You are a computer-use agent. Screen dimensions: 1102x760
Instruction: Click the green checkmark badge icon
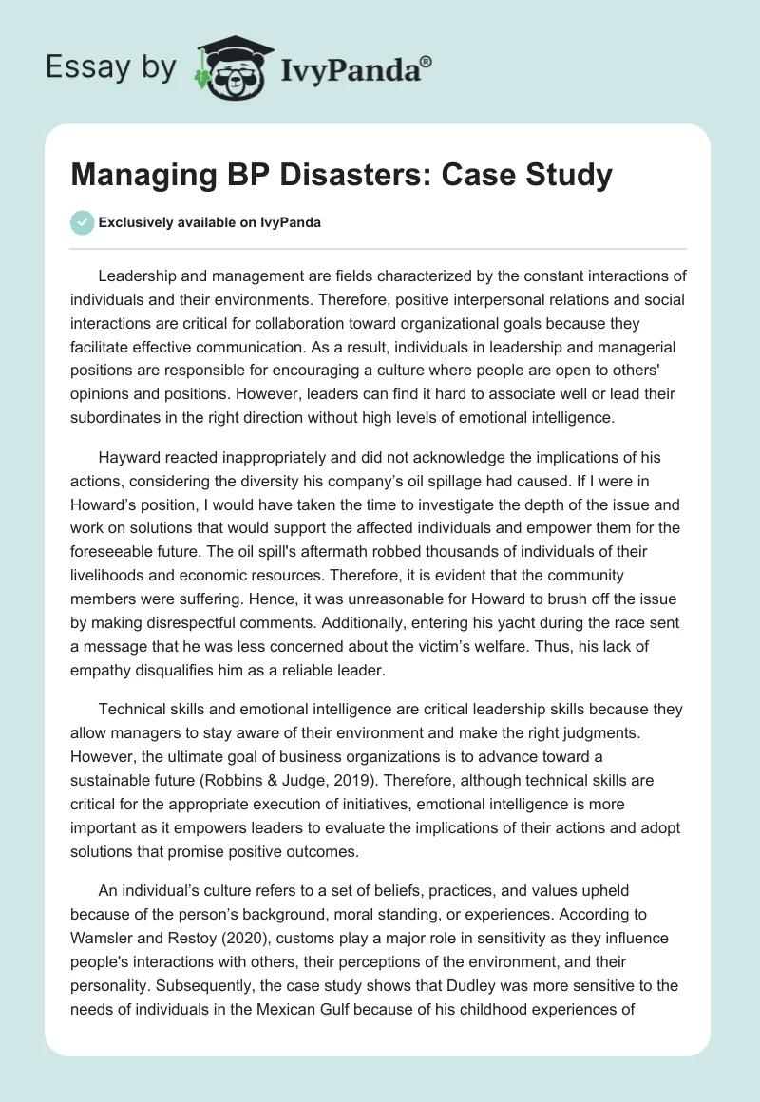click(82, 222)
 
